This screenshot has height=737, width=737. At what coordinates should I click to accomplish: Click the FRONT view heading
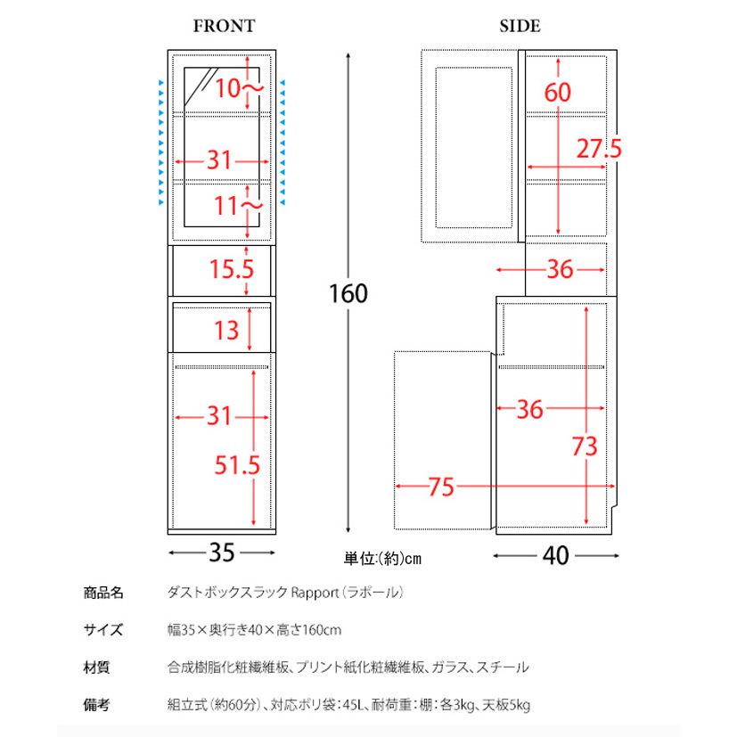click(x=224, y=27)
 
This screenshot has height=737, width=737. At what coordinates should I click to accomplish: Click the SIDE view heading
click(x=520, y=27)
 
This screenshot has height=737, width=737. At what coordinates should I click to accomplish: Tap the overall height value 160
click(x=348, y=293)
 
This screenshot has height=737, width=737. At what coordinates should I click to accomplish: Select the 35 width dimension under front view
click(x=221, y=553)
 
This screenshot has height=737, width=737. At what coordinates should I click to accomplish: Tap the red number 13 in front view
click(x=226, y=331)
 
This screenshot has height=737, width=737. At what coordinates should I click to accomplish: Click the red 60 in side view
click(x=558, y=92)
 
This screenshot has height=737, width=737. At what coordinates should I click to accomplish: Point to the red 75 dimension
click(x=440, y=487)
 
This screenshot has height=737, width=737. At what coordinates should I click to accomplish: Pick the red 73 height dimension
click(x=584, y=446)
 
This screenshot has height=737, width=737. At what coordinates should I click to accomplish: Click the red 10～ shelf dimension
click(x=237, y=87)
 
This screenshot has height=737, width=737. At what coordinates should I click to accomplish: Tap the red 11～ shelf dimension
click(x=238, y=206)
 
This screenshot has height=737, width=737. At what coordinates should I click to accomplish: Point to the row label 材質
click(x=97, y=667)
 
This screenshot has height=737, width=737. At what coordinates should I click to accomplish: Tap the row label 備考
click(x=97, y=705)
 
